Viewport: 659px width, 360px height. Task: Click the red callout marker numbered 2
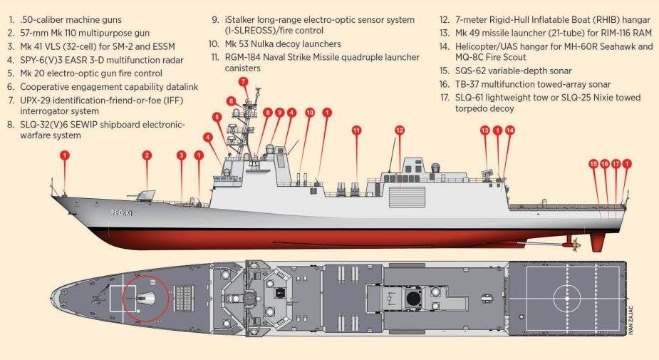click(x=147, y=155)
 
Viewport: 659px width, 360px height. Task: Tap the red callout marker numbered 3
click(x=181, y=155)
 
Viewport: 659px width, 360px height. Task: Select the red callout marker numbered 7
click(x=244, y=81)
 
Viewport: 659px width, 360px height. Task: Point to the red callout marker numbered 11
click(x=356, y=130)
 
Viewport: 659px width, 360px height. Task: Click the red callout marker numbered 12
click(x=400, y=130)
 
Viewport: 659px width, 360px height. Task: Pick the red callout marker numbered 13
click(x=485, y=130)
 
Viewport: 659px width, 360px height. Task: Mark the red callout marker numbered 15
click(x=593, y=164)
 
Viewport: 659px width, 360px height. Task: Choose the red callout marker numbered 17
click(x=616, y=164)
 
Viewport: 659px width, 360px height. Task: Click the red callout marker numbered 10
click(x=310, y=112)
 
